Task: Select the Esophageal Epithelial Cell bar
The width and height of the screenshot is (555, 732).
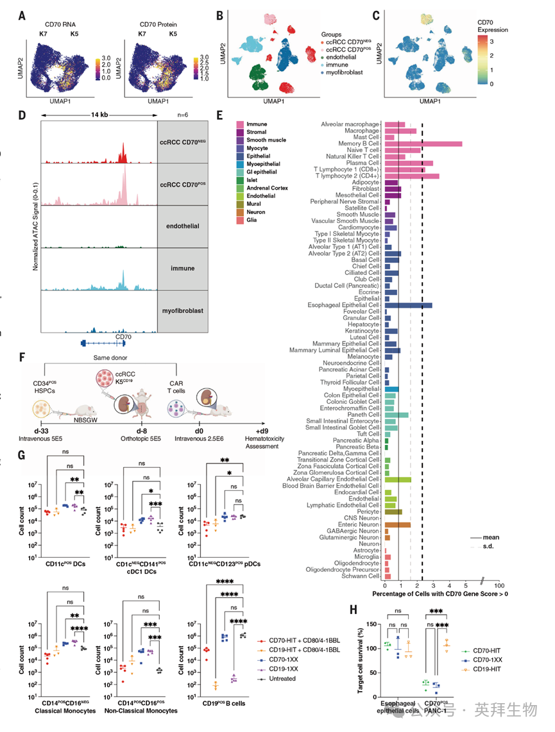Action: [407, 306]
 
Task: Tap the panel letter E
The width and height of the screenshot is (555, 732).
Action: [220, 116]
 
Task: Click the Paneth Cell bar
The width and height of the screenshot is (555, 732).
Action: [396, 415]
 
